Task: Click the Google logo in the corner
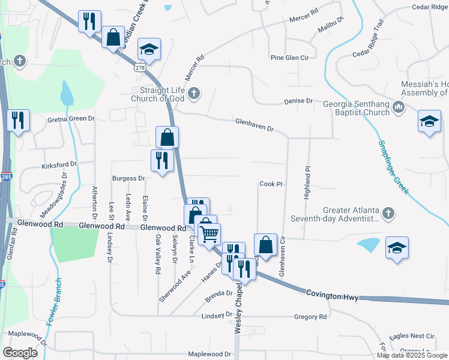20,353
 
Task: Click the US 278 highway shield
140,67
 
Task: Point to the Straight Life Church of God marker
193,93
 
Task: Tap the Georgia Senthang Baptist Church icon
399,108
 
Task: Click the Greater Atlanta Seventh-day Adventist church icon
388,213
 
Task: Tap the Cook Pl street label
271,184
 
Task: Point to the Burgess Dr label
129,178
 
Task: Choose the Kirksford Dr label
59,164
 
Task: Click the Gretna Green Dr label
71,119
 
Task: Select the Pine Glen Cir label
289,58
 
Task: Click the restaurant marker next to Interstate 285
19,121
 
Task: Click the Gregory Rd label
310,316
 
